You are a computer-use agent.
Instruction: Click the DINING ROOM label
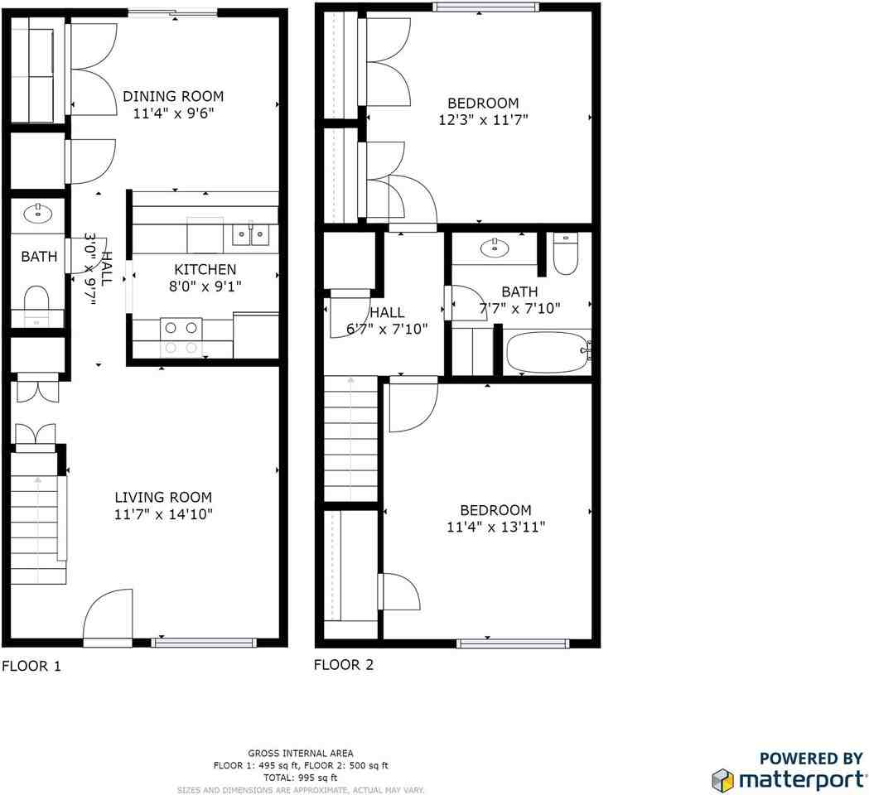coord(173,96)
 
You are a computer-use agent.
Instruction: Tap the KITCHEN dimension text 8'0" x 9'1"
coord(205,286)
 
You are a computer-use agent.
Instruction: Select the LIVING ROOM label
coord(163,497)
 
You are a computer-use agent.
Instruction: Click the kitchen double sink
coord(250,236)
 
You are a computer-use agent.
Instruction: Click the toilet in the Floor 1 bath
coord(36,300)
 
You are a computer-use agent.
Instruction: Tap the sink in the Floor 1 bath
coord(37,214)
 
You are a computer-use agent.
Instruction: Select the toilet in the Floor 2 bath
coord(565,254)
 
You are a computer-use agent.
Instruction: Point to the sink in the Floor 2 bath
coord(495,246)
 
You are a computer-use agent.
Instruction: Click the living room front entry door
coord(108,617)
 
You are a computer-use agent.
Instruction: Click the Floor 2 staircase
coord(351,439)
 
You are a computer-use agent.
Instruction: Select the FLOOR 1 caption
coord(31,666)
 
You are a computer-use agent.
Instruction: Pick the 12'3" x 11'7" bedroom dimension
coord(483,119)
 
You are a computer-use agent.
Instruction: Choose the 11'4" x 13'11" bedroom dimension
coord(495,527)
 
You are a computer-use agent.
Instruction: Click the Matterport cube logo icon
coord(722,779)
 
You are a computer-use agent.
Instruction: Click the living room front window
coord(205,642)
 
